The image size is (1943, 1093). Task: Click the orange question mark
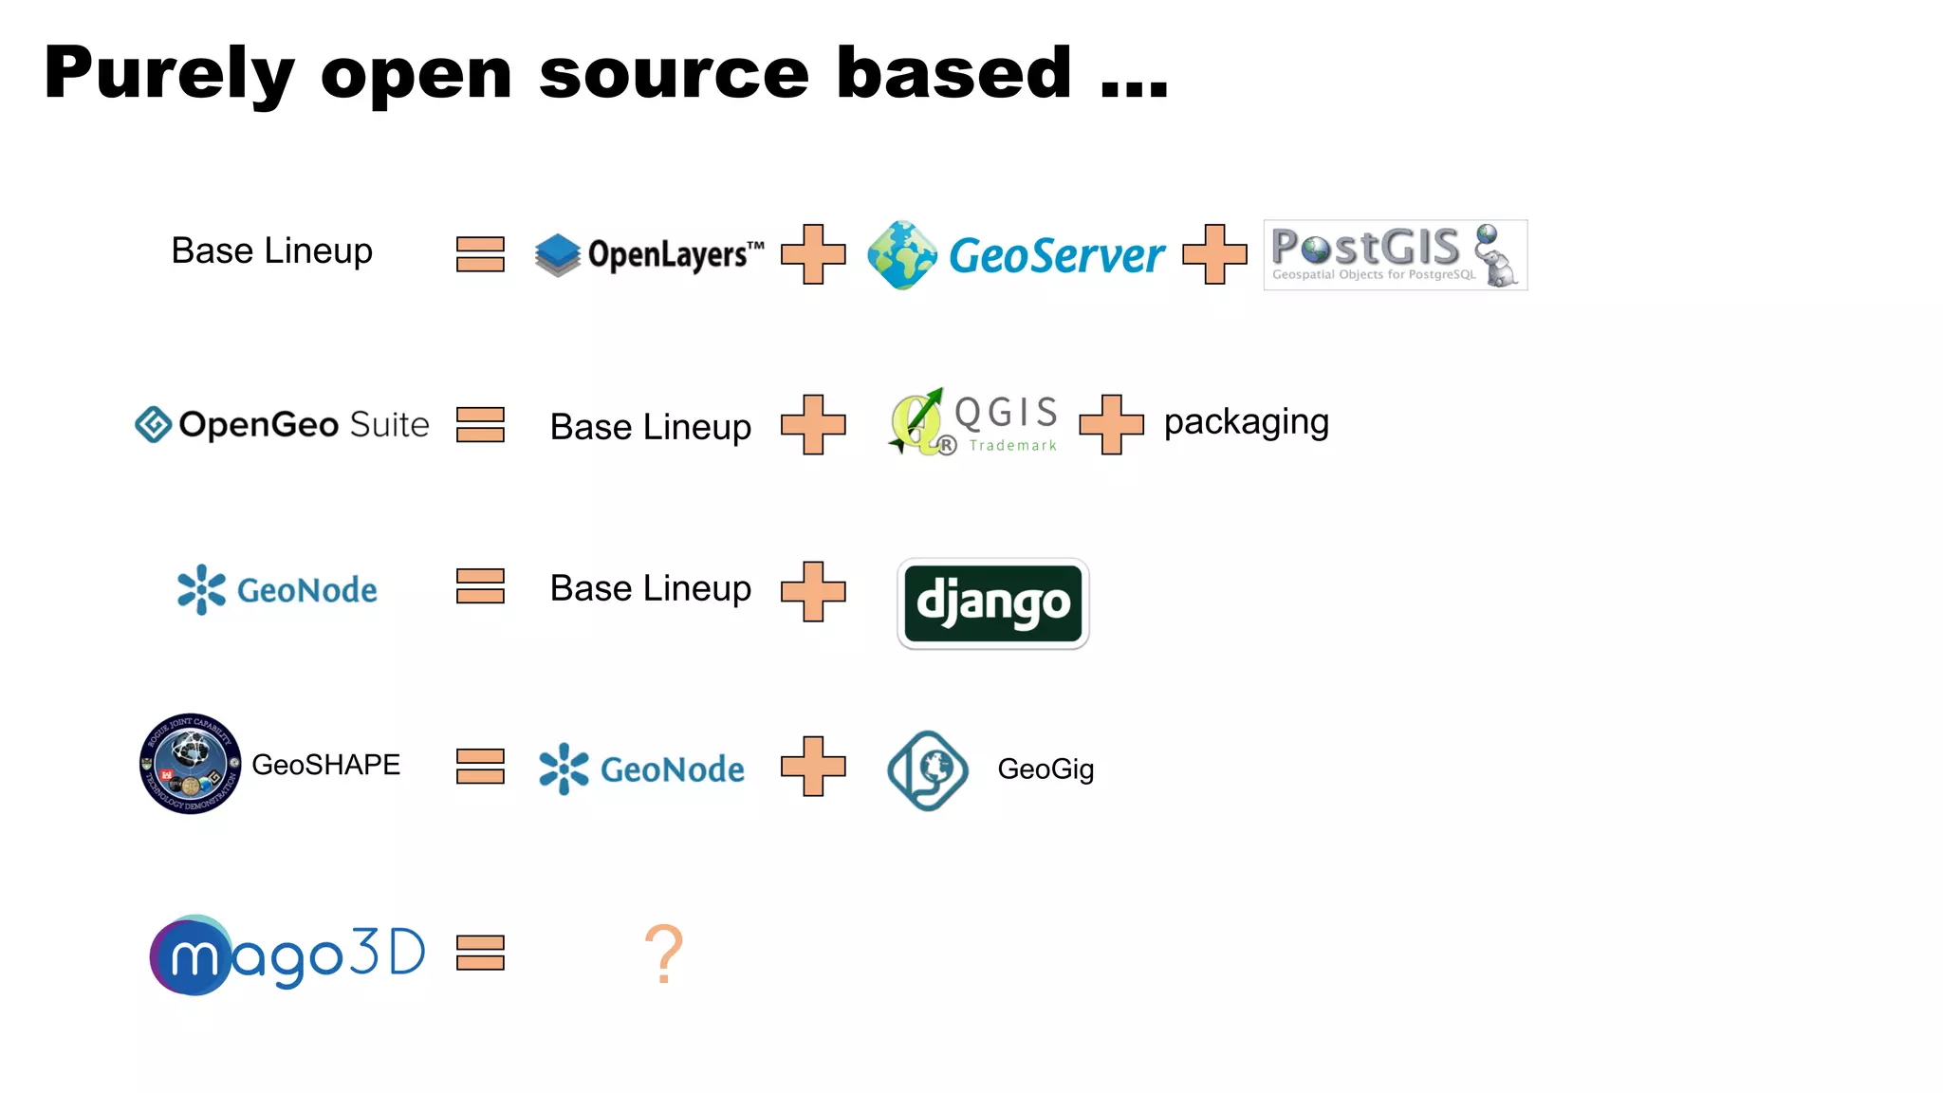pyautogui.click(x=664, y=954)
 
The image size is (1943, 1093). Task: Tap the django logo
pyautogui.click(x=992, y=603)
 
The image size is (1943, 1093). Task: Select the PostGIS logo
pyautogui.click(x=1395, y=254)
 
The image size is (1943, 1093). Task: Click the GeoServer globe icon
pyautogui.click(x=901, y=254)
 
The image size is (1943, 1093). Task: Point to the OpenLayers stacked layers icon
pyautogui.click(x=557, y=254)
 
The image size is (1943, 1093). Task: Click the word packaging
pyautogui.click(x=1246, y=422)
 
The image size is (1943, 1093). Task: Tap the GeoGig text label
pyautogui.click(x=1046, y=769)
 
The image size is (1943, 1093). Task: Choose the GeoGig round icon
pyautogui.click(x=927, y=769)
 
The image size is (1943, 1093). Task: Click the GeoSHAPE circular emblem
pyautogui.click(x=190, y=764)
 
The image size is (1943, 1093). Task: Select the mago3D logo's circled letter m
pyautogui.click(x=192, y=956)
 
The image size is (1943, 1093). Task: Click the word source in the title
pyautogui.click(x=674, y=73)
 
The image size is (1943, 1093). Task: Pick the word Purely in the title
pyautogui.click(x=169, y=73)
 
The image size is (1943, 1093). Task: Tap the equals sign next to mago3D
pyautogui.click(x=480, y=953)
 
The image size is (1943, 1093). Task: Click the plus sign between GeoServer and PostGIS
pyautogui.click(x=1214, y=254)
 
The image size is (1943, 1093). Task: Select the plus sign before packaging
pyautogui.click(x=1111, y=424)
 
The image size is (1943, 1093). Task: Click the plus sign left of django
pyautogui.click(x=813, y=591)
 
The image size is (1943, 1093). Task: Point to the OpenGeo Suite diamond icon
pyautogui.click(x=153, y=424)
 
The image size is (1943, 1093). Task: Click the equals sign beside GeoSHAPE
pyautogui.click(x=480, y=766)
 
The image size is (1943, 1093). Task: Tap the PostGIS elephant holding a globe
pyautogui.click(x=1496, y=256)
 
